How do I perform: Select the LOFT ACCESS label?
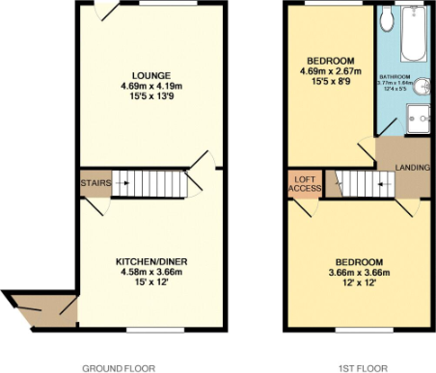point(304,183)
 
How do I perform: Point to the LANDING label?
point(412,169)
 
